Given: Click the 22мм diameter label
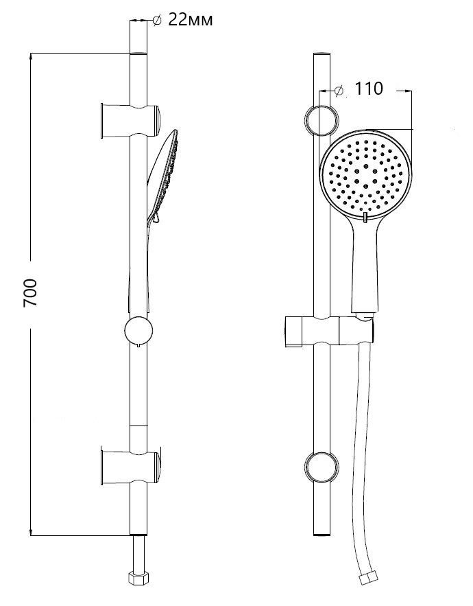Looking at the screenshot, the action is point(191,20).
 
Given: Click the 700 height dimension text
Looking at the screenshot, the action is point(30,293).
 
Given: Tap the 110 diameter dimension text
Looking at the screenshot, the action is point(368,89).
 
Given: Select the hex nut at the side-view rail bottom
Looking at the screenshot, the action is point(138,578).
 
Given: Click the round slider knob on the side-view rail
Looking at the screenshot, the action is point(138,331).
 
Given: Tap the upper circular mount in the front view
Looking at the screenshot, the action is point(322,120).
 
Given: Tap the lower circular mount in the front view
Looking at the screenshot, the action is point(322,467).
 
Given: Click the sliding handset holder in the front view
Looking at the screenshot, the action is point(329,331).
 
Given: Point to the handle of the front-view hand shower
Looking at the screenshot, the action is point(365,267).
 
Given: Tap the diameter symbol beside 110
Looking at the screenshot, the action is point(339,90).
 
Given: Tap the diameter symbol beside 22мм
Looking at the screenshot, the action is point(157,20).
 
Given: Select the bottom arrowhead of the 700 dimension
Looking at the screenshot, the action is point(30,531).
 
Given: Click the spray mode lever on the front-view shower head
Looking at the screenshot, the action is point(365,217).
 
